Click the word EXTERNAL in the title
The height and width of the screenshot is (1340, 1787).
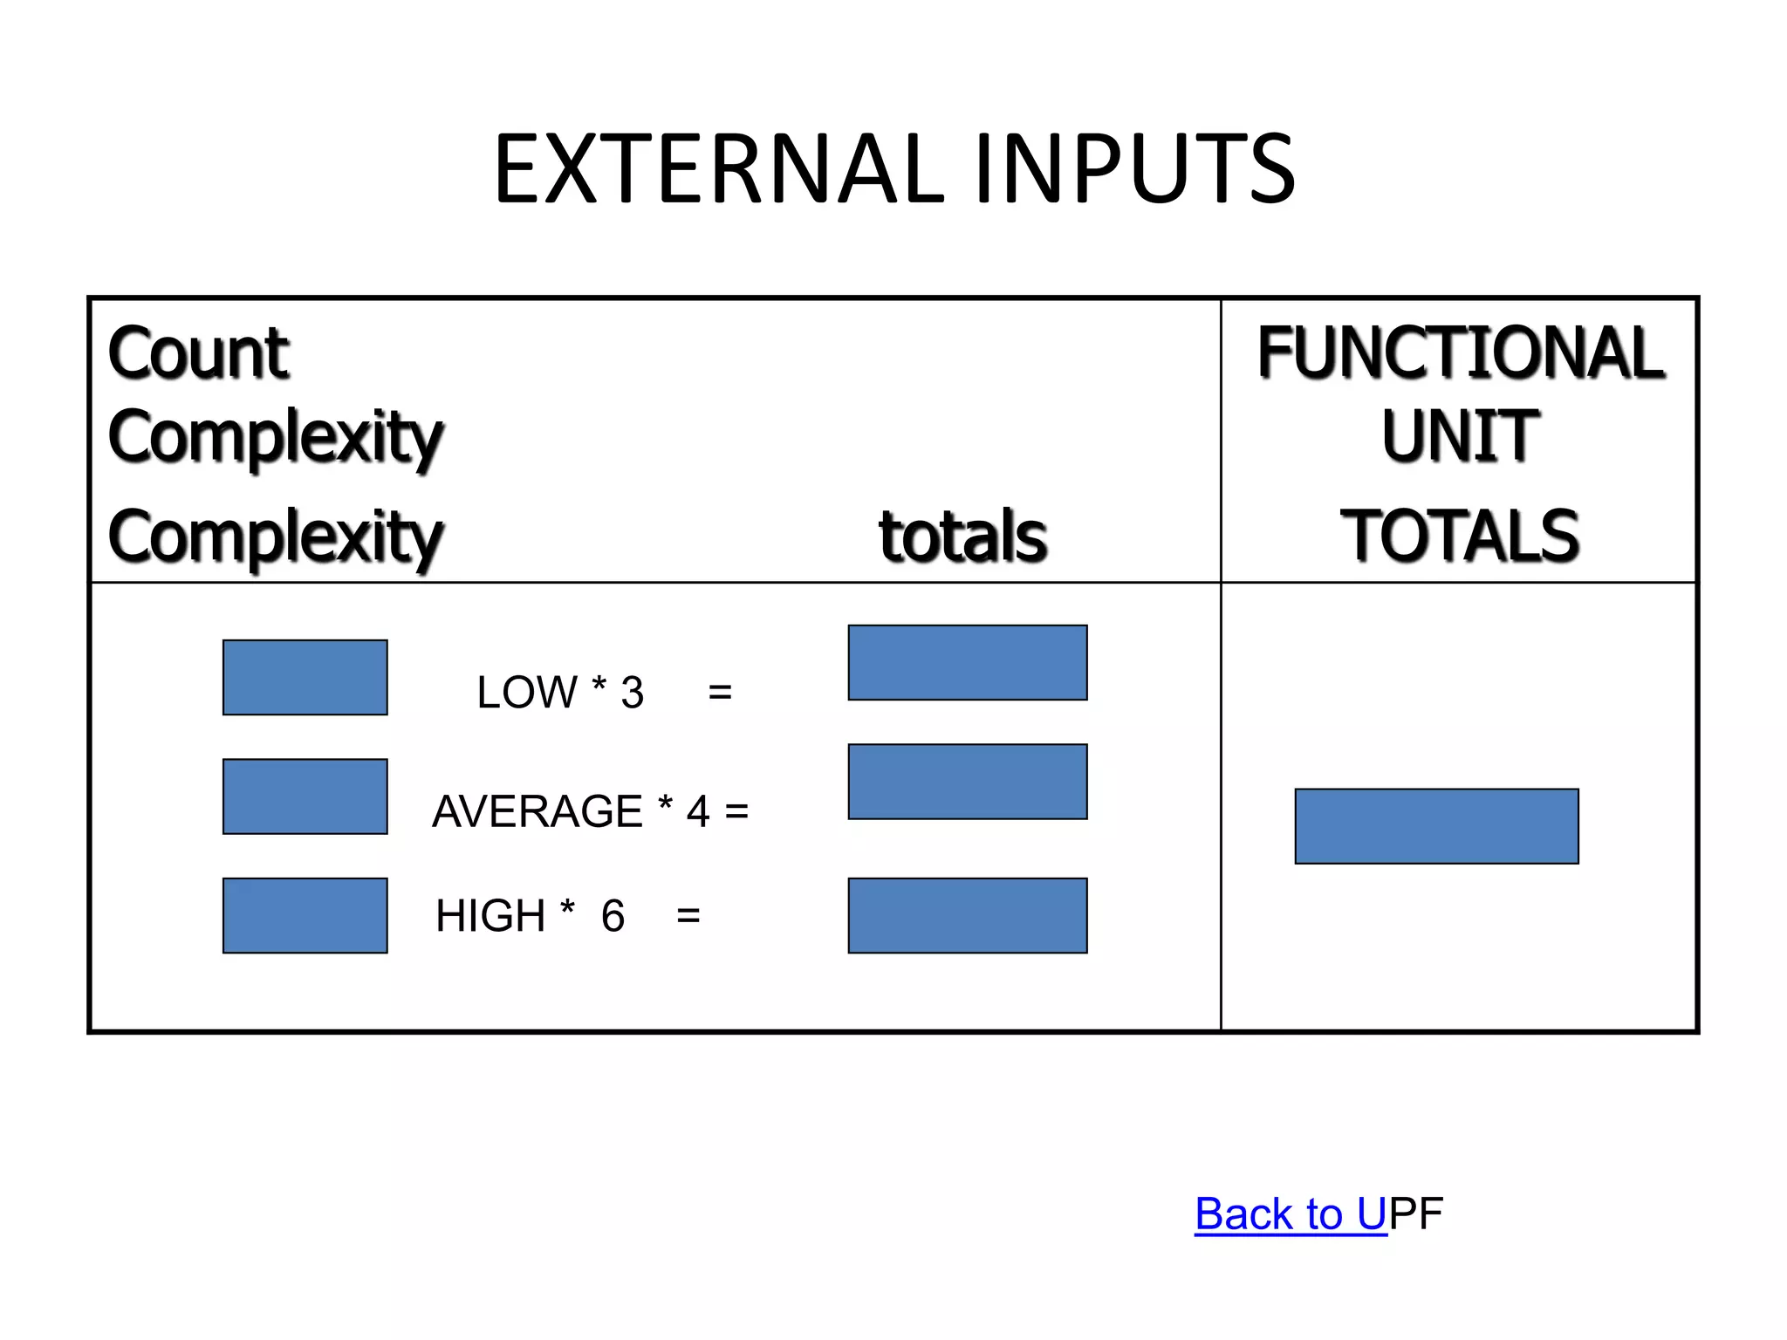tap(719, 169)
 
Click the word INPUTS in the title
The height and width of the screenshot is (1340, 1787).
tap(1133, 169)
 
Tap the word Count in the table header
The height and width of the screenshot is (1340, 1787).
tap(198, 353)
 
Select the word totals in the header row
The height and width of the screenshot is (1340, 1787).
tap(962, 536)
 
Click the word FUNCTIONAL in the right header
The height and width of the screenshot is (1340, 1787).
tap(1460, 353)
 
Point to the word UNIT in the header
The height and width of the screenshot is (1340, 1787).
tap(1460, 435)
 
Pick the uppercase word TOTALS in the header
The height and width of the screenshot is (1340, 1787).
tap(1460, 536)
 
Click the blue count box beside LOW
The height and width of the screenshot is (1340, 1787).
tap(305, 678)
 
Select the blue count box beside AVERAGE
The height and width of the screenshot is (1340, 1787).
tap(305, 796)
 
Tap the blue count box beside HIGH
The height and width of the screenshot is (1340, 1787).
tap(305, 915)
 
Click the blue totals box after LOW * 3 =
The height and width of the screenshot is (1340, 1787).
tap(968, 663)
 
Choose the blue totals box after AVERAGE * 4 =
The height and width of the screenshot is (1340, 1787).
tap(968, 782)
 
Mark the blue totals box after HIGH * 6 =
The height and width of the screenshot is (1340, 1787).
tap(968, 915)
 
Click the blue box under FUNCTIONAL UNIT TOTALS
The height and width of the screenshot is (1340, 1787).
tap(1436, 826)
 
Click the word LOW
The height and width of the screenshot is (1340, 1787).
tap(527, 693)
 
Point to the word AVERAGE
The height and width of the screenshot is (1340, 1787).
tap(537, 811)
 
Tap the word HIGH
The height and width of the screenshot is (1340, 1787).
tap(490, 916)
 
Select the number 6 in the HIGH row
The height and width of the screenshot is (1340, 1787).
tap(613, 916)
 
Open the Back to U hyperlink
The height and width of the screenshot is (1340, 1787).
tap(1291, 1214)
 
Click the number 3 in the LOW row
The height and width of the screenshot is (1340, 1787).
tap(632, 693)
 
